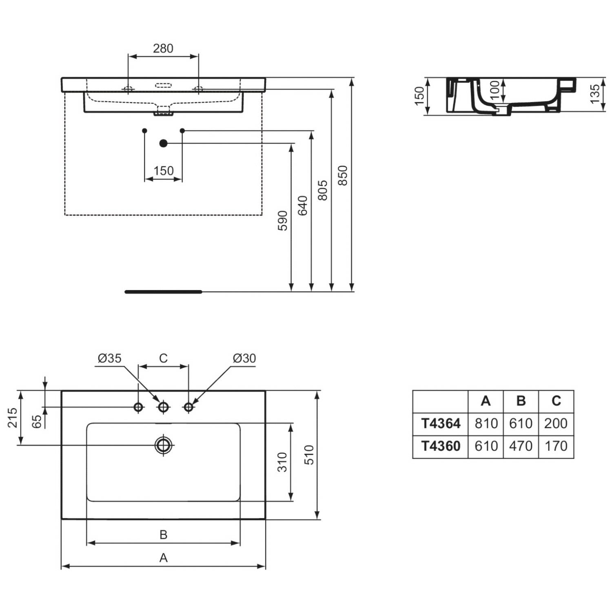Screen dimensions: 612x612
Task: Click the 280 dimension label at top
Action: (x=163, y=48)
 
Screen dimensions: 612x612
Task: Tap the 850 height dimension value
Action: (x=343, y=175)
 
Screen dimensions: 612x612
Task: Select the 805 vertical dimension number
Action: (x=322, y=190)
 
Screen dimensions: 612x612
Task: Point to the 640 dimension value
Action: (x=302, y=206)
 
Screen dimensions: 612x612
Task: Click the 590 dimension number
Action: (x=282, y=221)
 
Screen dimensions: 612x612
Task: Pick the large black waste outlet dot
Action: (x=164, y=143)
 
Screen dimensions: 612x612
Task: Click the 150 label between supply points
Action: (x=164, y=171)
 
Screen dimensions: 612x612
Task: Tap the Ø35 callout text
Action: (x=110, y=358)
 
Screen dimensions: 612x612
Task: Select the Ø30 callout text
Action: (x=244, y=358)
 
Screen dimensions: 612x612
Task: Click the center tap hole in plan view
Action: (x=164, y=407)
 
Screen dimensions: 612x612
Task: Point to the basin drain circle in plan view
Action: (x=164, y=445)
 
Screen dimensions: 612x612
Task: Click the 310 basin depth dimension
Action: (x=282, y=462)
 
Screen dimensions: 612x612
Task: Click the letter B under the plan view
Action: (x=163, y=534)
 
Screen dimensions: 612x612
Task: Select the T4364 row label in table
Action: (x=441, y=424)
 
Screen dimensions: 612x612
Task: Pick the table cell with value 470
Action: (x=521, y=446)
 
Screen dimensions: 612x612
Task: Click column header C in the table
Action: (x=556, y=401)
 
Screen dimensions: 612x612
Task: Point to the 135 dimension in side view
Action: (x=595, y=93)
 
